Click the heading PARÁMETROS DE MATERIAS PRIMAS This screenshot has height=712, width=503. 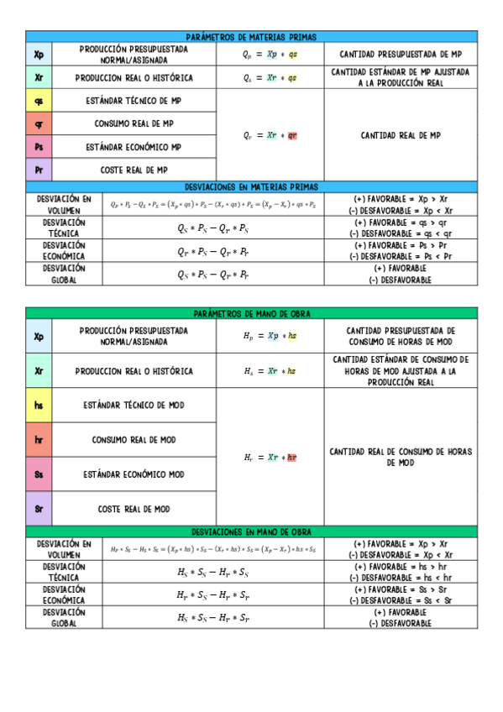click(x=251, y=38)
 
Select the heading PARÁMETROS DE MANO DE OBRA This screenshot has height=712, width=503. click(x=251, y=313)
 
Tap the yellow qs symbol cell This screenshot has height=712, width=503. click(x=39, y=101)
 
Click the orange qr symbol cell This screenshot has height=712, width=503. click(x=39, y=123)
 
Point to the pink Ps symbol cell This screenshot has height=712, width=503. click(x=39, y=147)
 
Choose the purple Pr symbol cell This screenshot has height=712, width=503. click(x=39, y=170)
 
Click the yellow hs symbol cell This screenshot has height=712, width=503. click(x=39, y=406)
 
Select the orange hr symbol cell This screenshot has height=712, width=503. click(x=39, y=440)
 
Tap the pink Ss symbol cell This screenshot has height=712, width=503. click(x=39, y=474)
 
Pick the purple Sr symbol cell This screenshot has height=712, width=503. click(x=39, y=509)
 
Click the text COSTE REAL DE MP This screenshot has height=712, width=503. click(x=134, y=170)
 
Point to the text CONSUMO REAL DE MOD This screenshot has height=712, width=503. click(x=134, y=440)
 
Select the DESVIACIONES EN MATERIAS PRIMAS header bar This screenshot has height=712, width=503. click(x=251, y=186)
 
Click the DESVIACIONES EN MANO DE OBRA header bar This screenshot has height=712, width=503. click(x=251, y=532)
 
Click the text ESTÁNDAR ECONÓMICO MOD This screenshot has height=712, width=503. click(x=134, y=474)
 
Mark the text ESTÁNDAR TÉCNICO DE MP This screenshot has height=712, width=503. click(x=134, y=101)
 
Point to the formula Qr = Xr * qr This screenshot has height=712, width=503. click(x=270, y=135)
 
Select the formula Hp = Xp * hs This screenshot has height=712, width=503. click(x=270, y=336)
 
